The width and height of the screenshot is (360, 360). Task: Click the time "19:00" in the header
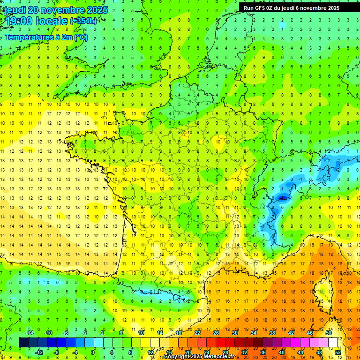[20, 21]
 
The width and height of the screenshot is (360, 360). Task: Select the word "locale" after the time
[53, 21]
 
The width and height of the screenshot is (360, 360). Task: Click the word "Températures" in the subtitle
[29, 37]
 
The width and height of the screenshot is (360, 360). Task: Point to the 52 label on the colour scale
[338, 352]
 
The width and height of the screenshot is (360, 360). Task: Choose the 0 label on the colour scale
[93, 352]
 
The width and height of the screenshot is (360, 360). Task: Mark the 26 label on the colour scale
[216, 333]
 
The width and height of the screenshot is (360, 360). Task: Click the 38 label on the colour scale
[272, 333]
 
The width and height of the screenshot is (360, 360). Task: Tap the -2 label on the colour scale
[84, 333]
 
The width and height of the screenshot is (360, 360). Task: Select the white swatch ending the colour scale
[333, 343]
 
